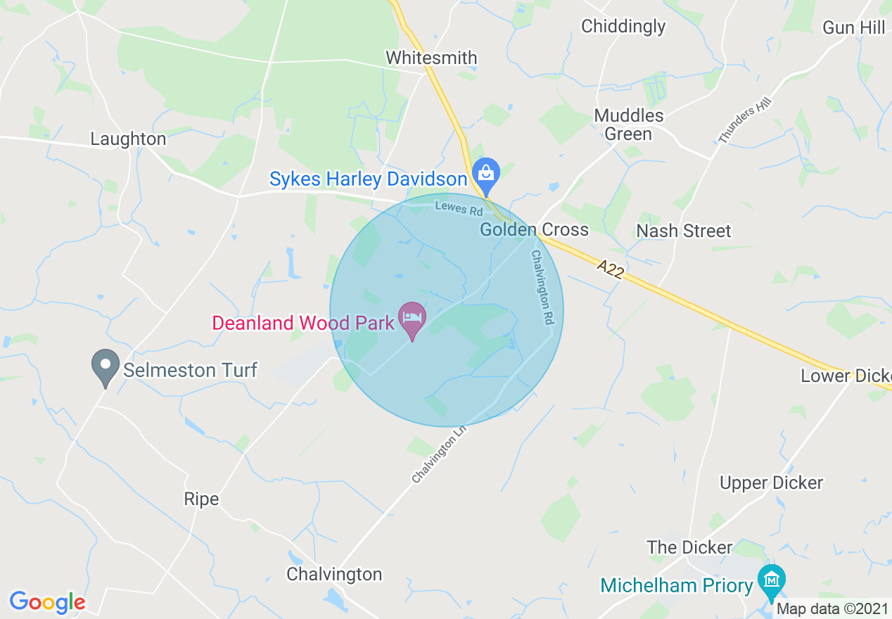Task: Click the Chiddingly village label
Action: pyautogui.click(x=623, y=27)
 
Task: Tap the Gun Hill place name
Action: pyautogui.click(x=853, y=27)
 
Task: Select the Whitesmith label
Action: pyautogui.click(x=431, y=58)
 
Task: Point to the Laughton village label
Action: pyautogui.click(x=128, y=139)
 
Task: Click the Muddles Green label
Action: pyautogui.click(x=628, y=125)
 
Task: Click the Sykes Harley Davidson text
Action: pyautogui.click(x=368, y=179)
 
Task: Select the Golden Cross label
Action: pyautogui.click(x=534, y=230)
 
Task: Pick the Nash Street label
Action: pyautogui.click(x=683, y=231)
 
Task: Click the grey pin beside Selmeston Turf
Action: pyautogui.click(x=106, y=366)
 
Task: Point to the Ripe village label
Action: pyautogui.click(x=201, y=499)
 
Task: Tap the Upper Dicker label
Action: pyautogui.click(x=771, y=483)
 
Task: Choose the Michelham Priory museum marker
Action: pyautogui.click(x=772, y=581)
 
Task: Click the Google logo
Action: pyautogui.click(x=47, y=602)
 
